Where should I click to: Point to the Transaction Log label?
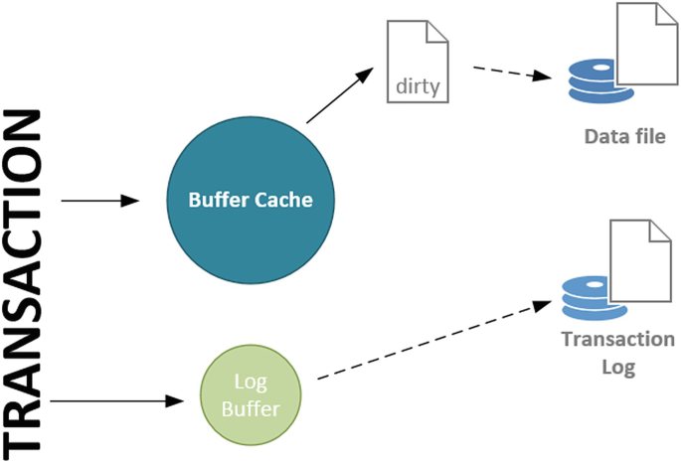click(617, 353)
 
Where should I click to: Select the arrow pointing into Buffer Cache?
click(99, 201)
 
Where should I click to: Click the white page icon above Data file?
click(641, 50)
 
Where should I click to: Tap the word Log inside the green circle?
click(251, 382)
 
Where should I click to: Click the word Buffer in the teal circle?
click(218, 200)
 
